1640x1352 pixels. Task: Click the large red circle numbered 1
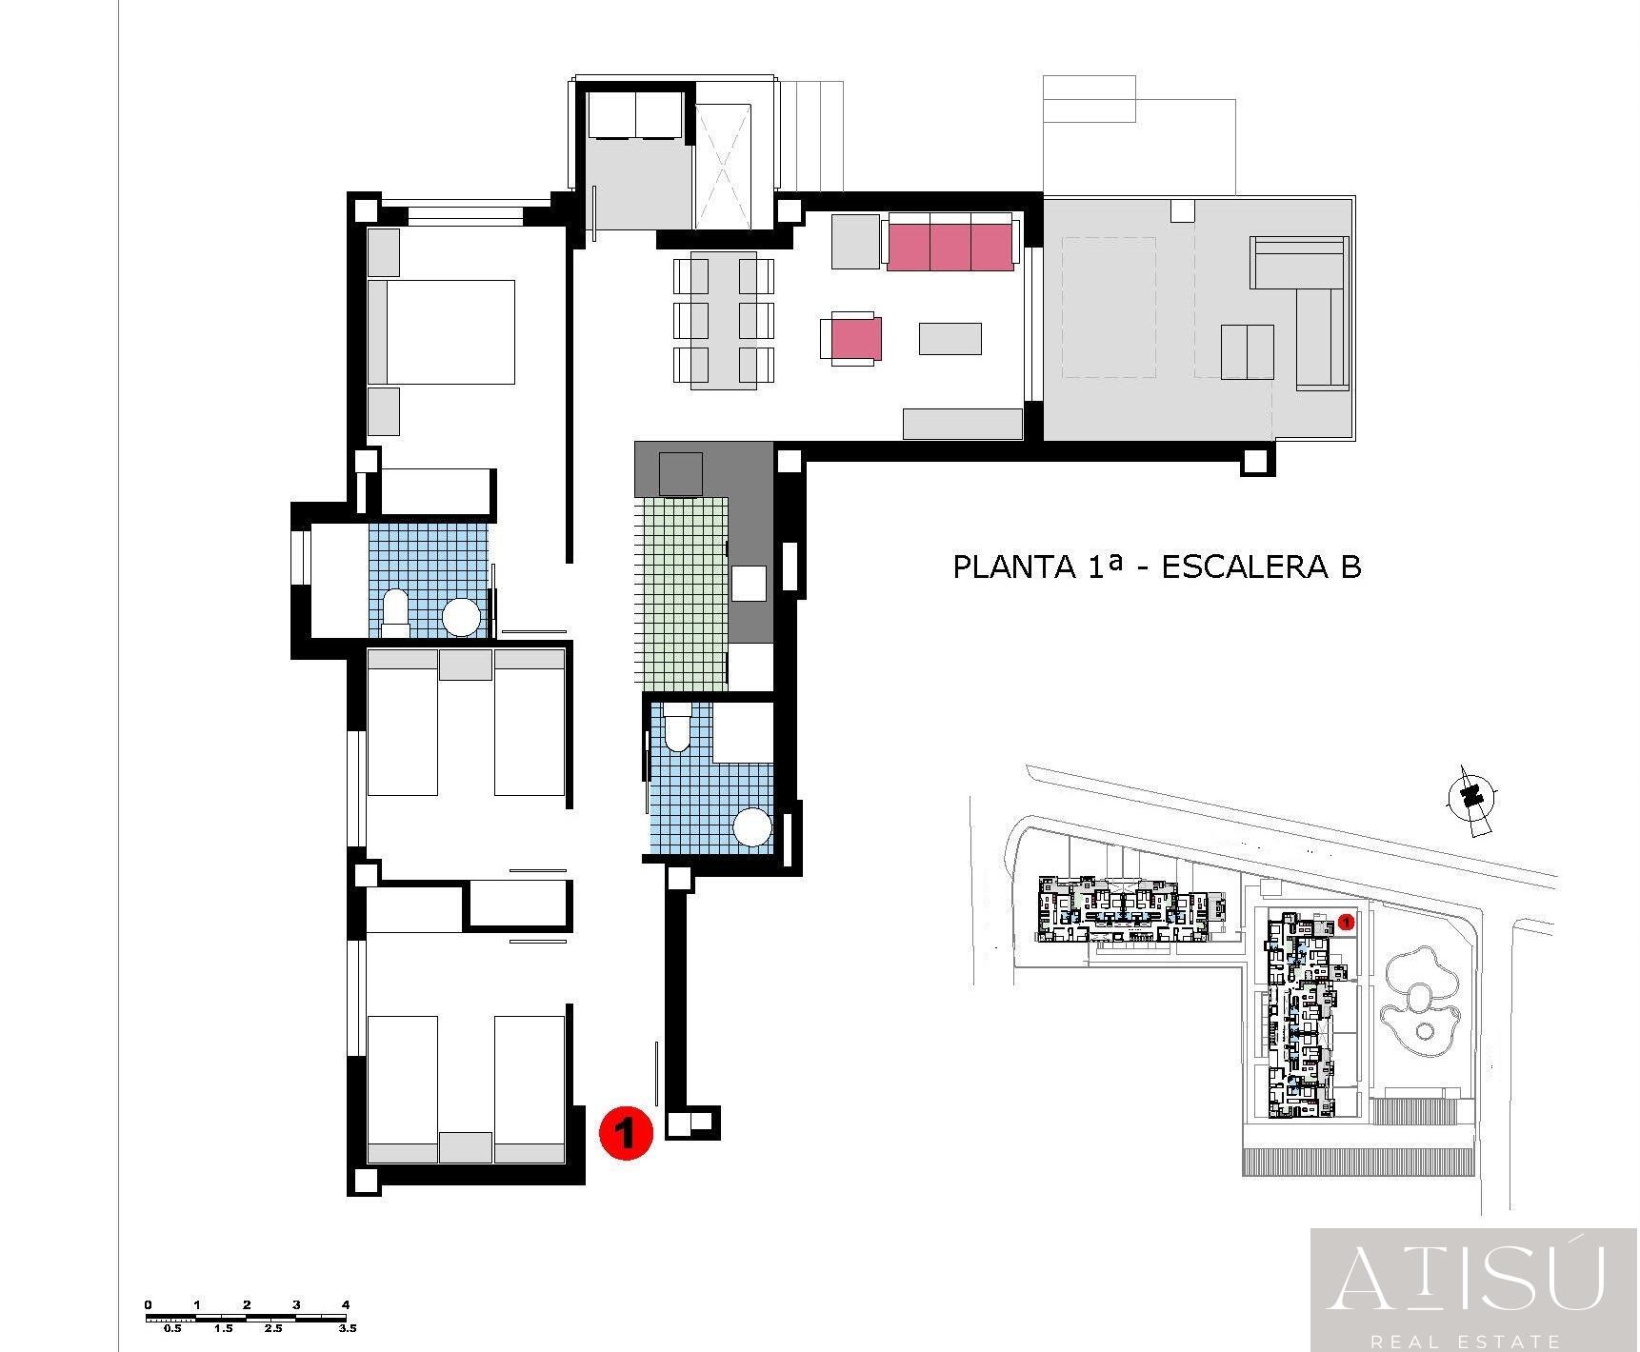(x=626, y=1132)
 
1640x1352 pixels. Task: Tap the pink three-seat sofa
(x=950, y=243)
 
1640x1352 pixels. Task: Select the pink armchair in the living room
(x=853, y=339)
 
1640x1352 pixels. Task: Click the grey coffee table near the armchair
(x=950, y=339)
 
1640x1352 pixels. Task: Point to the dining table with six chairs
(x=724, y=320)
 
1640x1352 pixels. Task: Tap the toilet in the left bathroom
(x=394, y=612)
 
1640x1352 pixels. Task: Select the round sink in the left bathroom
(x=462, y=617)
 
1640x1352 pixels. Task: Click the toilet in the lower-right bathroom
(x=677, y=727)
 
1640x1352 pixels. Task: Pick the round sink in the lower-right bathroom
(x=752, y=826)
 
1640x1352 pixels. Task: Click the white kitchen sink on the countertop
(x=749, y=583)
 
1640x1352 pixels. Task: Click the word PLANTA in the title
(x=1013, y=567)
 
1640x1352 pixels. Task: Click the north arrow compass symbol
(x=1471, y=796)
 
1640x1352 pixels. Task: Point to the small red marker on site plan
(x=1346, y=921)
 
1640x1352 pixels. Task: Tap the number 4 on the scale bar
(x=346, y=1304)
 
